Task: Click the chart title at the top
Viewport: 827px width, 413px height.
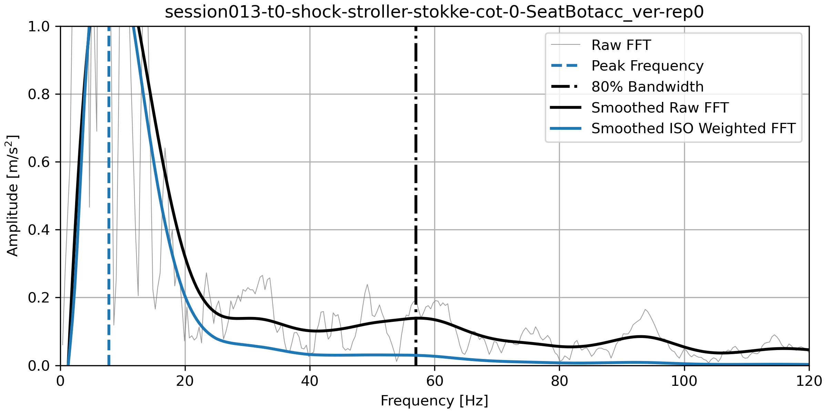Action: pyautogui.click(x=434, y=12)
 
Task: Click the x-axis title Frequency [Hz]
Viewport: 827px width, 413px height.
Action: pyautogui.click(x=434, y=401)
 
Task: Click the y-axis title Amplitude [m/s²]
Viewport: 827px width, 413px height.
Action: pyautogui.click(x=12, y=195)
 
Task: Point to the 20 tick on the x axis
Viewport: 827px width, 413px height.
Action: pyautogui.click(x=185, y=381)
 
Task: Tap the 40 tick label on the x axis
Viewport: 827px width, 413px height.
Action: pyautogui.click(x=310, y=381)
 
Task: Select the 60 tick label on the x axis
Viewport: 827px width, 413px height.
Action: pyautogui.click(x=435, y=381)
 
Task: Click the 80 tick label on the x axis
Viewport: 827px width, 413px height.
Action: pyautogui.click(x=559, y=381)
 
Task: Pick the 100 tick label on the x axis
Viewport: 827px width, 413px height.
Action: pyautogui.click(x=684, y=381)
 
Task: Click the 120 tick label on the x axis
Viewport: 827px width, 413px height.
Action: pyautogui.click(x=808, y=381)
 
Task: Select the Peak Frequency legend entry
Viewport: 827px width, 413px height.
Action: pyautogui.click(x=647, y=66)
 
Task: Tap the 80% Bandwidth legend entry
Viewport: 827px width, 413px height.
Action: pyautogui.click(x=647, y=87)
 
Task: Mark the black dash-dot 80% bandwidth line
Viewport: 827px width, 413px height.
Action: pyautogui.click(x=416, y=172)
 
